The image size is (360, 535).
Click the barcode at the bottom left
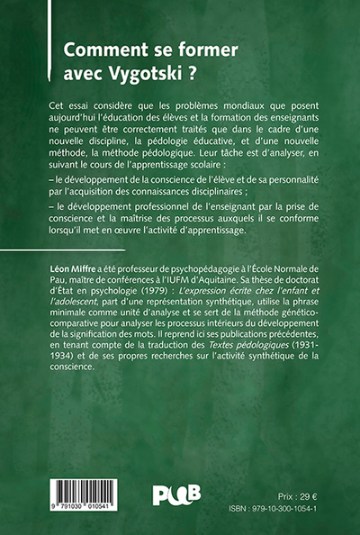89,493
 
